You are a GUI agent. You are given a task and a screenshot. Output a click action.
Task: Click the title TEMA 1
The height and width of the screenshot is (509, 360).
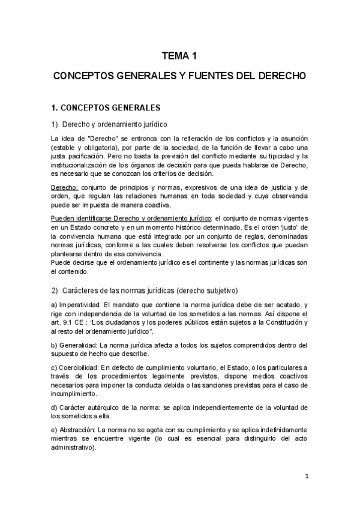pyautogui.click(x=179, y=56)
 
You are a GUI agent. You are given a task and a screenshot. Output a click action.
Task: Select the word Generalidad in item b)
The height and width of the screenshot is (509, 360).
pyautogui.click(x=79, y=345)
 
